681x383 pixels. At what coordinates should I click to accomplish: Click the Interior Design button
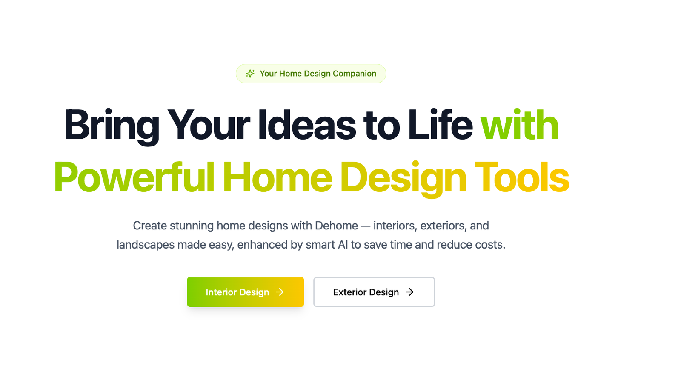pos(245,292)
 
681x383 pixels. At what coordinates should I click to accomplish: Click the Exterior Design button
pos(374,292)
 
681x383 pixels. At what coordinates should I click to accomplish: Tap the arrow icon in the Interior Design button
pos(280,292)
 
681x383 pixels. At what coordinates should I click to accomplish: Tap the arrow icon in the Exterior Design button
pos(409,292)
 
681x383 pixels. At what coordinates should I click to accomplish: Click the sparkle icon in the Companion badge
pos(250,74)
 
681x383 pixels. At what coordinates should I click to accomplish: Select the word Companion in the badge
pos(355,74)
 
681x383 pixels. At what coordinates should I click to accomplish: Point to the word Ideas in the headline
pos(307,125)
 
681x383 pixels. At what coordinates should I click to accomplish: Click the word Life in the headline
pos(440,125)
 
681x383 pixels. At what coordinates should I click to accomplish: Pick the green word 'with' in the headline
pos(519,125)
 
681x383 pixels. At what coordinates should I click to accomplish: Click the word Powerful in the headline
pos(134,177)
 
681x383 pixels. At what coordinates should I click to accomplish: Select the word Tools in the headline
pos(522,177)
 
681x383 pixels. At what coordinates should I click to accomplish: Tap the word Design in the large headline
pos(403,179)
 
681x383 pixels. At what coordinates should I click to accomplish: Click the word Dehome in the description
pos(336,226)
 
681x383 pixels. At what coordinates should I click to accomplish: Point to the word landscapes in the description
pos(145,245)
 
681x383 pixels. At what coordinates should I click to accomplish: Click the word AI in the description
pos(343,244)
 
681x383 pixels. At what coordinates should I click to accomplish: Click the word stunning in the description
pos(192,226)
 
